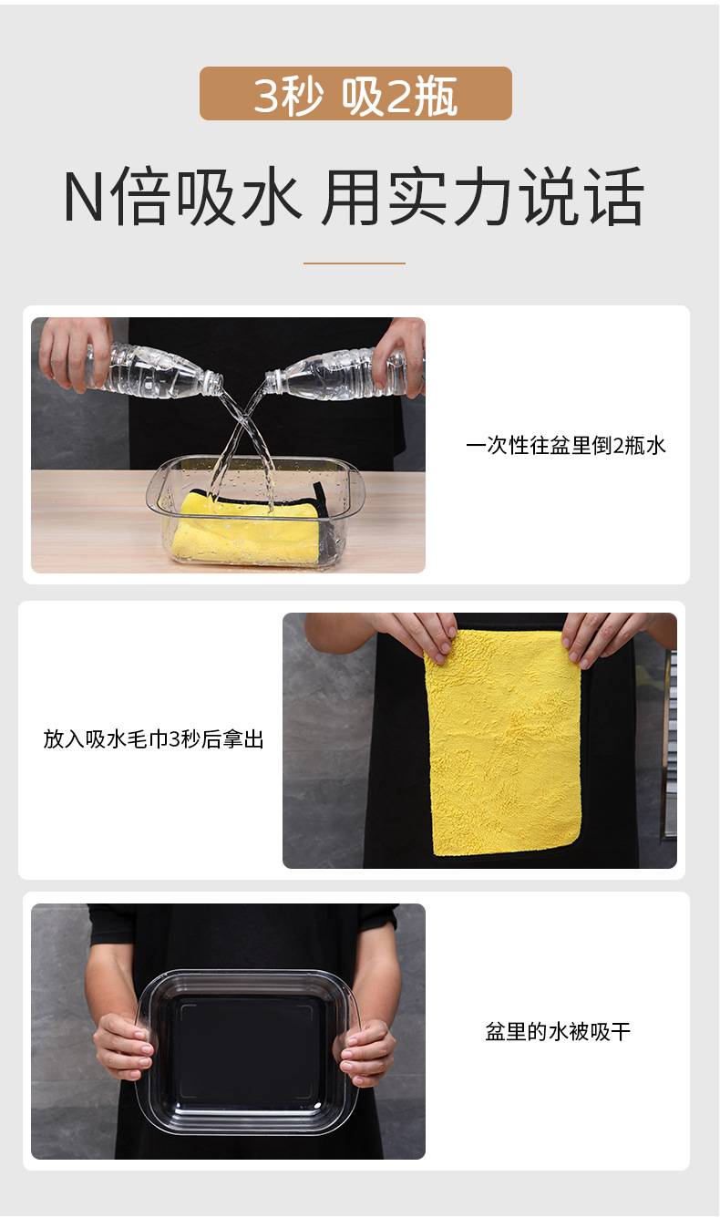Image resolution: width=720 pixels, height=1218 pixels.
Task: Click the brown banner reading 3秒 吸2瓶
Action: click(x=355, y=93)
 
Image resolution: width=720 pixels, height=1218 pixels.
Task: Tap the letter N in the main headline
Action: click(x=83, y=196)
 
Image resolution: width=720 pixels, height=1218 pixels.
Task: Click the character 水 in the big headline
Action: click(x=270, y=196)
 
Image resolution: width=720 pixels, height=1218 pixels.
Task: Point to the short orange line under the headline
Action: click(x=355, y=263)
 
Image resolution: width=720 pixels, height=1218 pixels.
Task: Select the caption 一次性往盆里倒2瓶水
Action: click(x=566, y=445)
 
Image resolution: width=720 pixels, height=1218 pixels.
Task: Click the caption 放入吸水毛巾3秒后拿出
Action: click(x=153, y=739)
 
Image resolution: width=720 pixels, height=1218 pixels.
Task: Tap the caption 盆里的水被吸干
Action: click(x=558, y=1031)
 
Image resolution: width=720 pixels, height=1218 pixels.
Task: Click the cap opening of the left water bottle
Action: click(x=216, y=383)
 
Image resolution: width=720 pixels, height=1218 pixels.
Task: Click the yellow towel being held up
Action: click(x=505, y=742)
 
